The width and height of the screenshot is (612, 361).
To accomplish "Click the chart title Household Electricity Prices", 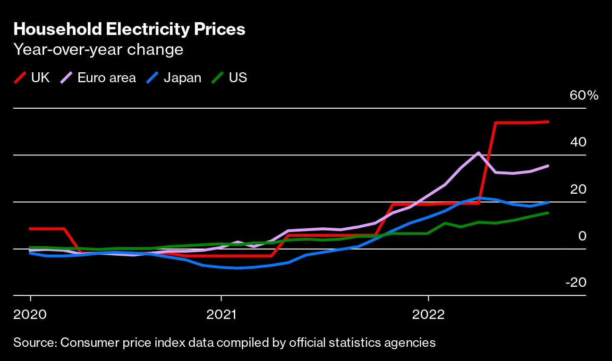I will [129, 29].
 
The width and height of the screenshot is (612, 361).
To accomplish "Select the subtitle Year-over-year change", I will [98, 50].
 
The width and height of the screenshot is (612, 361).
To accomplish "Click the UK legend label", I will [40, 77].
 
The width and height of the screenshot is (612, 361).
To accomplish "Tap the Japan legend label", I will [182, 77].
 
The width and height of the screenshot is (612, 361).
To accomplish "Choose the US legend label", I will [238, 77].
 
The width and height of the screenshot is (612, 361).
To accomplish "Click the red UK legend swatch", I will [20, 77].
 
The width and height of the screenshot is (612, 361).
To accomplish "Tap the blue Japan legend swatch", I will [153, 77].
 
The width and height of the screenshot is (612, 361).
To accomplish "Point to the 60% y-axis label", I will [584, 95].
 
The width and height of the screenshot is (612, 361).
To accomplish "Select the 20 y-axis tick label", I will [578, 189].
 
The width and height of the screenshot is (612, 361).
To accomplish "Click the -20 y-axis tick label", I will [576, 283].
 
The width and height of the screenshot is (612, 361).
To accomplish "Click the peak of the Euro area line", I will [479, 153].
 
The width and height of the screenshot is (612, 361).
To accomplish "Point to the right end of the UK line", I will [548, 122].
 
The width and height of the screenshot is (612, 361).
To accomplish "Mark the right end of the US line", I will [548, 213].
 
